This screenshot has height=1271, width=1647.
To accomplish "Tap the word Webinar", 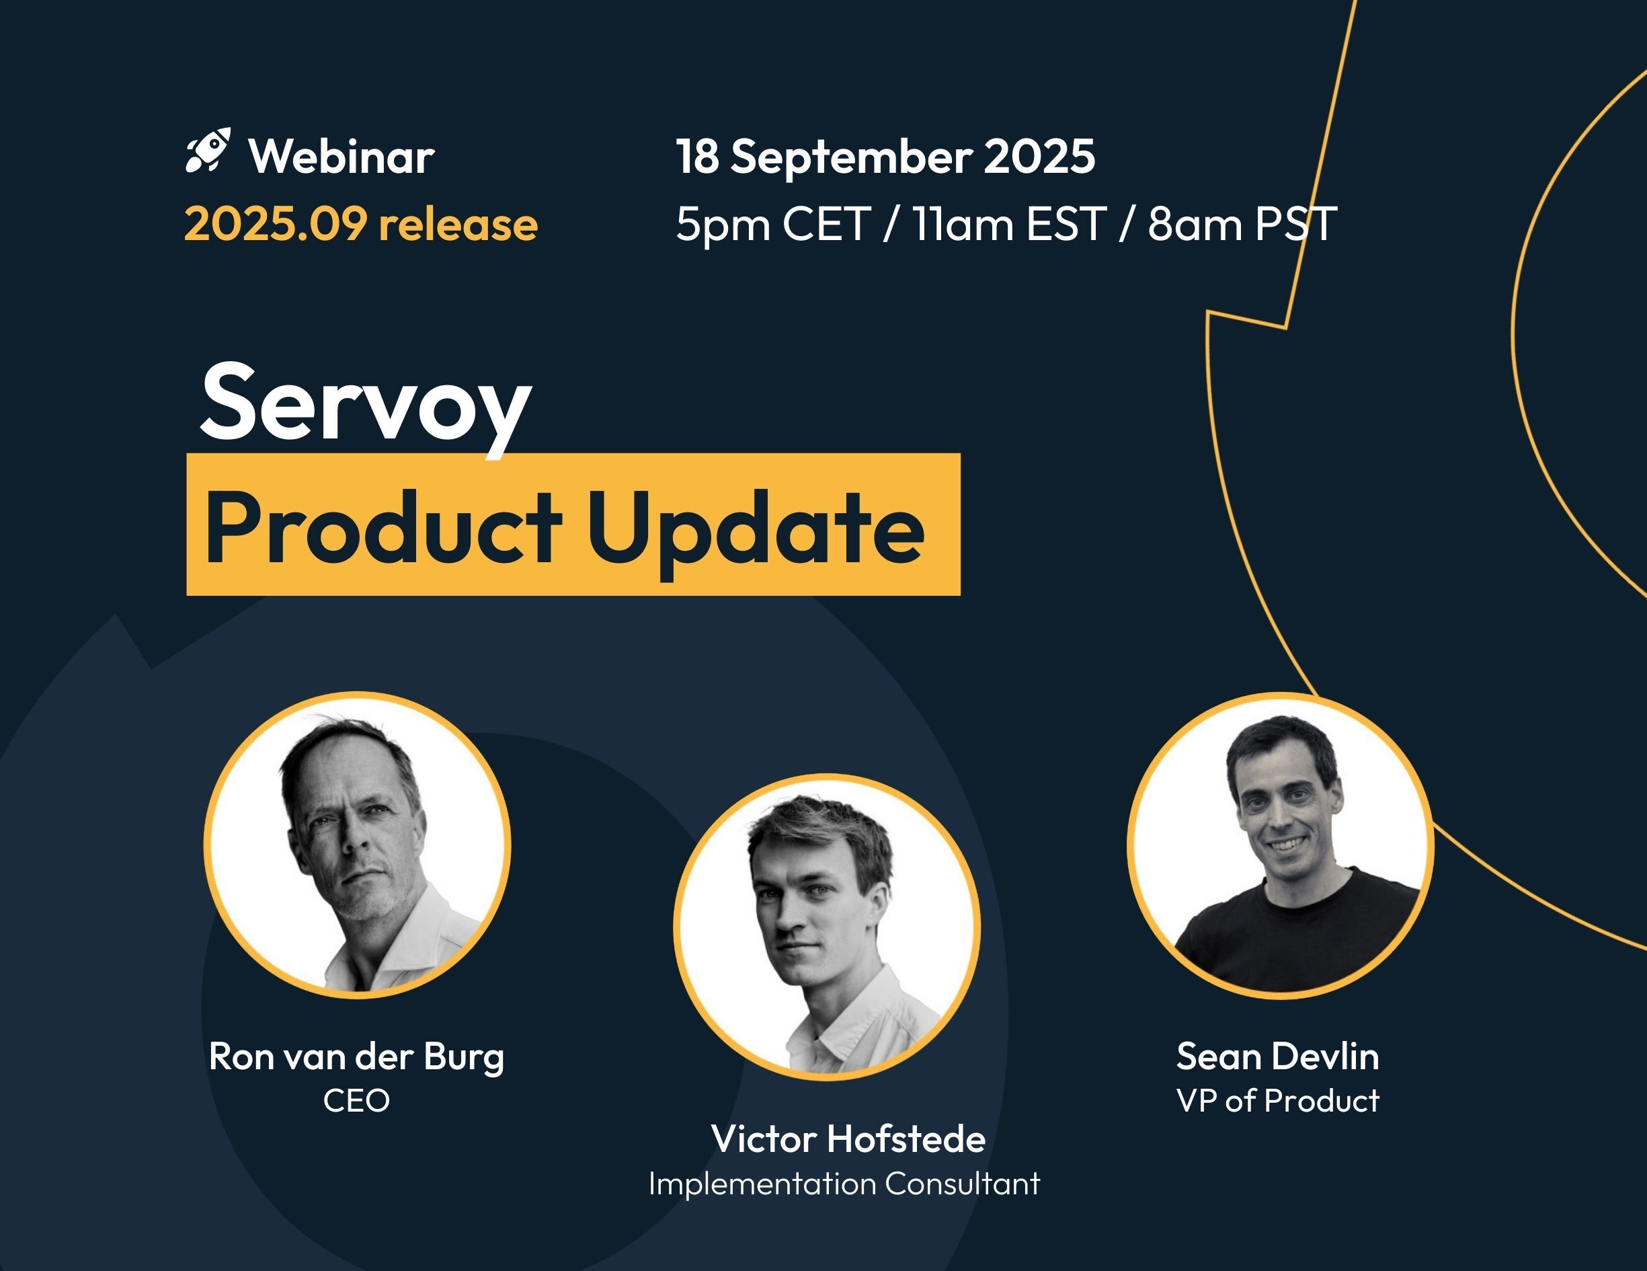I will [342, 157].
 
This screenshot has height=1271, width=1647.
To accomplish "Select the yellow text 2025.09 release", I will [360, 224].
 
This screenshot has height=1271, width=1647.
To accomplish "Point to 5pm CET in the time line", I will [773, 224].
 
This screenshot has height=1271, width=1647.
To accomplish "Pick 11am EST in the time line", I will [1009, 224].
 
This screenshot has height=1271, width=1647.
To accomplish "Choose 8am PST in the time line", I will [1242, 224].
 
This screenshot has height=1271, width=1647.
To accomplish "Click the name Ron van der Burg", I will [357, 1056].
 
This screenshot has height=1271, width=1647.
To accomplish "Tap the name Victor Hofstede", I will [848, 1139].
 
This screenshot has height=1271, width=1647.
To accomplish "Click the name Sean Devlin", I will [1277, 1056].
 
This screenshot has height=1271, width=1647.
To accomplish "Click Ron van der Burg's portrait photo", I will [357, 845].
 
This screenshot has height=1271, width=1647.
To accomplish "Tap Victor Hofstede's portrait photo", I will [826, 926].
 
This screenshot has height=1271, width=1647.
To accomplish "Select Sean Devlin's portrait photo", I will [1280, 845].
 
